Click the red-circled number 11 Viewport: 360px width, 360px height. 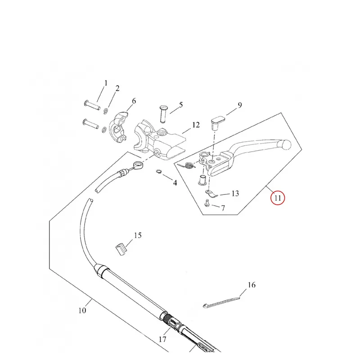[278, 198]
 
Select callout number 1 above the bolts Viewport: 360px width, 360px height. [106, 83]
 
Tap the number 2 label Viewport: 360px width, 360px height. [117, 88]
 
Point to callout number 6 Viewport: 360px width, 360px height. [134, 101]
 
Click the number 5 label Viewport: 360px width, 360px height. [181, 105]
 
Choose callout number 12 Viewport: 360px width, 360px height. [196, 125]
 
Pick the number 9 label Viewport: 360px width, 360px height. [240, 105]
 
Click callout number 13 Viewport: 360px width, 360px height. [235, 193]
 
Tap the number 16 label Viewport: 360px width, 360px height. [252, 285]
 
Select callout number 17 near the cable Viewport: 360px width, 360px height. [162, 339]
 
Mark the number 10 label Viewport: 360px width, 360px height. [82, 310]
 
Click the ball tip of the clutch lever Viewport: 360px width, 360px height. [286, 144]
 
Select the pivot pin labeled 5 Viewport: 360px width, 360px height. [163, 114]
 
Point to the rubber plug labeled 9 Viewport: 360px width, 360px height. [217, 123]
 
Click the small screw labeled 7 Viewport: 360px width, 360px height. [207, 203]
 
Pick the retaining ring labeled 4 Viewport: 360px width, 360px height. [159, 172]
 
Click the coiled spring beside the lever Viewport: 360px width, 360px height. [189, 165]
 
